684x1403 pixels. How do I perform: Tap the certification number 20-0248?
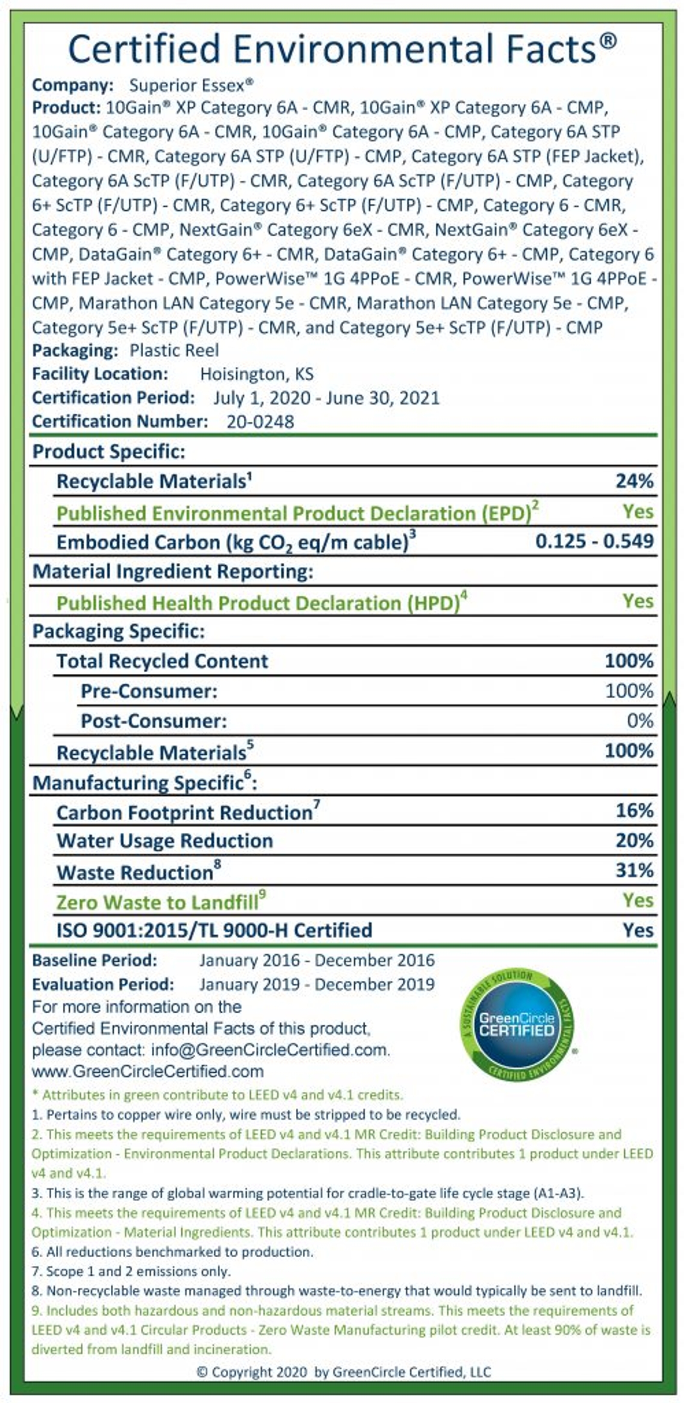260,421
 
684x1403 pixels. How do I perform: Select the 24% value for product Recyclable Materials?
634,481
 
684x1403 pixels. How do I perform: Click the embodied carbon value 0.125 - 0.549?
594,541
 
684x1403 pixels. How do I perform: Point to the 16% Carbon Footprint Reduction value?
634,810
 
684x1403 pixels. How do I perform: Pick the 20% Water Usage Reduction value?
634,840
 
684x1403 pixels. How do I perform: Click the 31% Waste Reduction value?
634,871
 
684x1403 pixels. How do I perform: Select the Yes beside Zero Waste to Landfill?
638,900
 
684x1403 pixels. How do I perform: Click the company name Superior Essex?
191,85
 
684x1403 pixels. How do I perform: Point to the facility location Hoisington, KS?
256,374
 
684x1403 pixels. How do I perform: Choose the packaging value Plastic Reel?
174,350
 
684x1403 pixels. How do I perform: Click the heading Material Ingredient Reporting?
173,571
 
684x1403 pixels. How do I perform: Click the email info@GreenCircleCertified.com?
269,1050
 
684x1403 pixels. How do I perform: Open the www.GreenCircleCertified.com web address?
147,1071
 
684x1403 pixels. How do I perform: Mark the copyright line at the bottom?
343,1372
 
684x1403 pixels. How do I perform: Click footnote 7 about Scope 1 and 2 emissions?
131,1271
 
